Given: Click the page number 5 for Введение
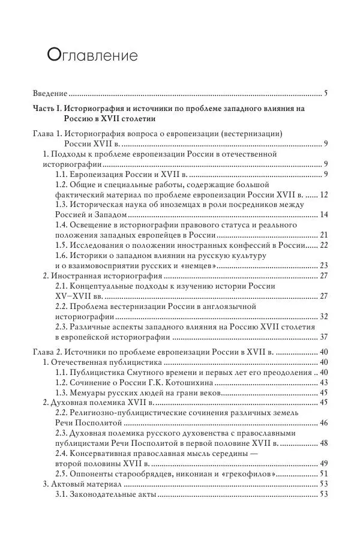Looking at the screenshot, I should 325,94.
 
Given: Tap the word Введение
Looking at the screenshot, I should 50,94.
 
